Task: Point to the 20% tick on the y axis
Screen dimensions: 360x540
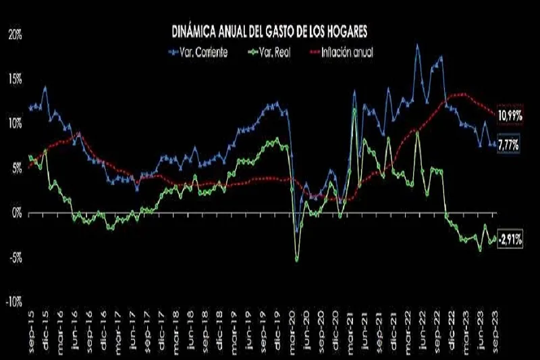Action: pyautogui.click(x=14, y=34)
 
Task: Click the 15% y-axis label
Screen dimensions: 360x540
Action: pyautogui.click(x=14, y=79)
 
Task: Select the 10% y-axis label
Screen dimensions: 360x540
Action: pyautogui.click(x=14, y=124)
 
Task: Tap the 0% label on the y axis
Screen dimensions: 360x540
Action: pyautogui.click(x=16, y=213)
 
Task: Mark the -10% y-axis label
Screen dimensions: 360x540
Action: pyautogui.click(x=13, y=302)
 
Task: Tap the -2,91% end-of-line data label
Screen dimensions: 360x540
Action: pyautogui.click(x=510, y=239)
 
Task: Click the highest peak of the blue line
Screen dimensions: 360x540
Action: pyautogui.click(x=417, y=45)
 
